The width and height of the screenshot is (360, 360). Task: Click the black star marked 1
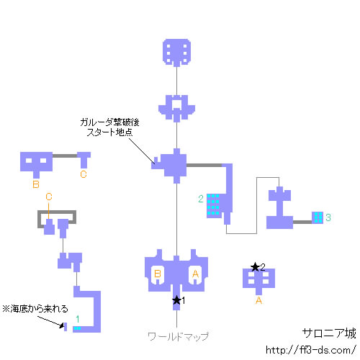[x=176, y=300]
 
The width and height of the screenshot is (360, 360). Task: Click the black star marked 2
[x=255, y=267]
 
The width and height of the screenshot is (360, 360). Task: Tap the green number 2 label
[x=201, y=199]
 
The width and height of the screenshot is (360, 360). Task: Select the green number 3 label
[x=328, y=217]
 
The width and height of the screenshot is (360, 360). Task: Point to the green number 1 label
[x=78, y=319]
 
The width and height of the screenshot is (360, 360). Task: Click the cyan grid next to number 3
[x=318, y=217]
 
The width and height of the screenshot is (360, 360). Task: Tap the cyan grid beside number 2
[x=213, y=204]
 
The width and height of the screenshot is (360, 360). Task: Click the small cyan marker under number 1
[x=77, y=328]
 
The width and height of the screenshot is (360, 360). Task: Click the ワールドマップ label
[x=179, y=336]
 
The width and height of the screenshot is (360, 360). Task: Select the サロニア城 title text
[x=329, y=333]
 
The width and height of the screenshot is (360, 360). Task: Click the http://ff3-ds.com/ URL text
[x=310, y=350]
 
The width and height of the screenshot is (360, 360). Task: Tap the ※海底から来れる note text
[x=35, y=309]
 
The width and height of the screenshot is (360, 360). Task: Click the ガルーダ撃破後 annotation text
[x=109, y=122]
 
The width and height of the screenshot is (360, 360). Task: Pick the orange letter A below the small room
[x=258, y=300]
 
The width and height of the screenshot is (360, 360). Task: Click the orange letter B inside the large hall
[x=158, y=274]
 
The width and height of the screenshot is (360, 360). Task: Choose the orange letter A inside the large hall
[x=195, y=274]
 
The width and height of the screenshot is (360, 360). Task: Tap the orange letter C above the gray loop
[x=49, y=197]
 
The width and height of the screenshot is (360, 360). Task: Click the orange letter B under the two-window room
[x=36, y=184]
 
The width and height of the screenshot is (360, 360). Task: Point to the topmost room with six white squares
[x=177, y=53]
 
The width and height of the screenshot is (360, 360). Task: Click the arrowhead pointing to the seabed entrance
[x=62, y=325]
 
